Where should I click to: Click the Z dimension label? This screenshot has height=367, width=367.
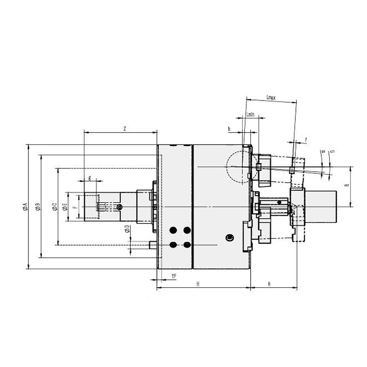[125, 128]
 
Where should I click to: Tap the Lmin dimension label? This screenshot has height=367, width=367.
[250, 114]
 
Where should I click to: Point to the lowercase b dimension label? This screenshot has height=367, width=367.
[229, 129]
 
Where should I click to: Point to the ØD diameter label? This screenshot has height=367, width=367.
[127, 229]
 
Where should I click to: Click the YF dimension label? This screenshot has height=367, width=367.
[174, 276]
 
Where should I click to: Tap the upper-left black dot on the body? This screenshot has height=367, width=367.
[173, 230]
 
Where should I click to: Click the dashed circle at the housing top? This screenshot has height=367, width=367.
[237, 166]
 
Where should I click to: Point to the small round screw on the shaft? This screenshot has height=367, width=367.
[119, 208]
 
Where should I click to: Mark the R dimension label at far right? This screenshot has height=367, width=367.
[347, 186]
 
